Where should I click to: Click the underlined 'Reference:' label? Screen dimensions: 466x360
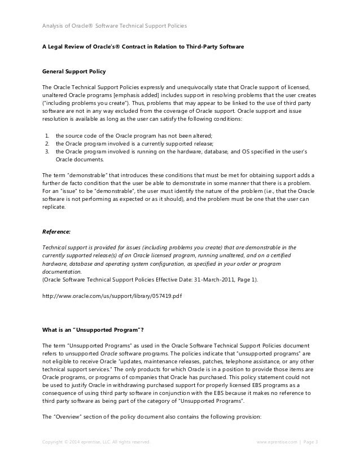58,231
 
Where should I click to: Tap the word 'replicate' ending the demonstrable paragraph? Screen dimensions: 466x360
54,207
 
